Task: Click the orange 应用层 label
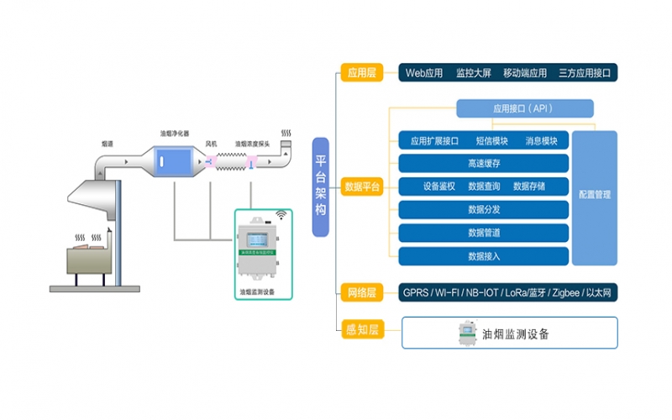[x=361, y=73]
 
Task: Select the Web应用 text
[x=423, y=73]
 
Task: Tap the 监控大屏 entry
[x=473, y=73]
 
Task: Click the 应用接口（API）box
[x=524, y=108]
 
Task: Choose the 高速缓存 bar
[x=484, y=163]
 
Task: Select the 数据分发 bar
[x=484, y=209]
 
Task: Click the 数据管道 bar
[x=484, y=233]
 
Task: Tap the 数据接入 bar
[x=484, y=256]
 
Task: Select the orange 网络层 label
[x=361, y=292]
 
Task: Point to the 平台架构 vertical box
[x=320, y=186]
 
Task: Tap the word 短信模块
[x=492, y=140]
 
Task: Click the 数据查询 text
[x=484, y=186]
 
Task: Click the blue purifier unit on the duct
[x=174, y=161]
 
